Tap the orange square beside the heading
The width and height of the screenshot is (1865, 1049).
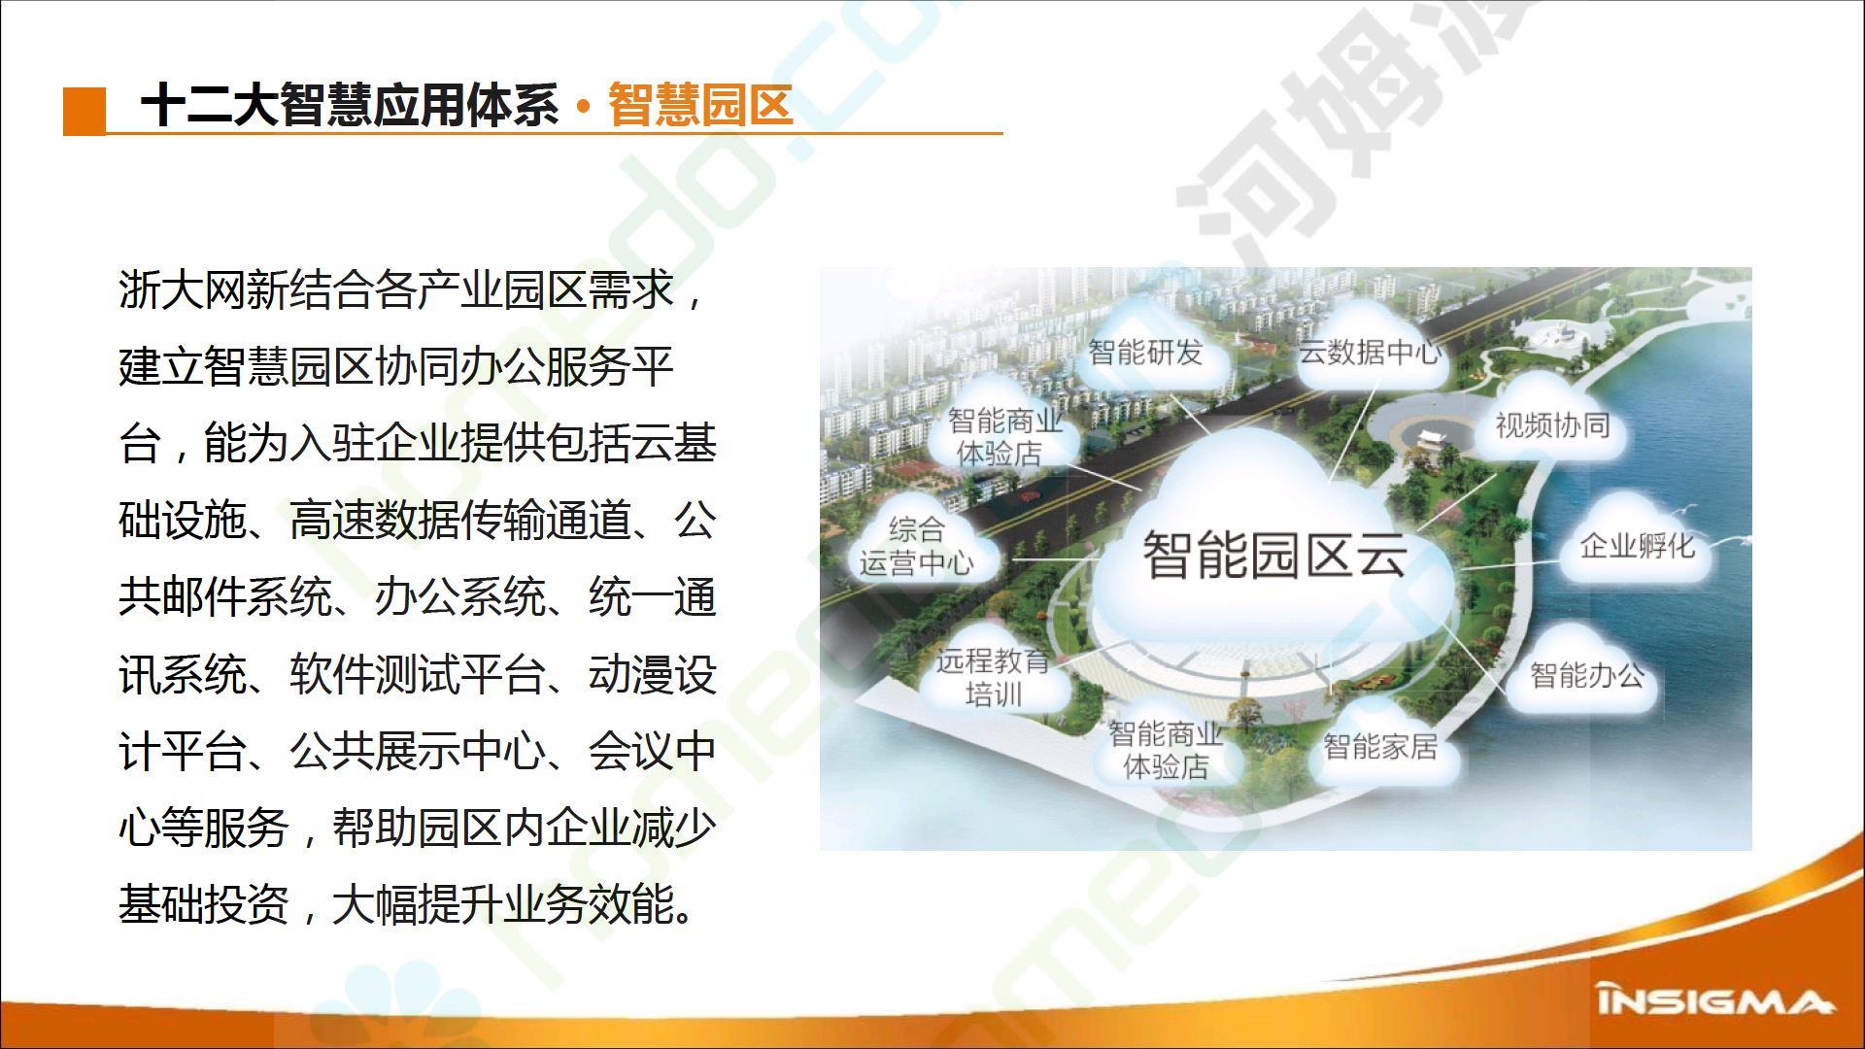point(85,111)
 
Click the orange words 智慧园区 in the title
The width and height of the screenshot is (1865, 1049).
point(700,104)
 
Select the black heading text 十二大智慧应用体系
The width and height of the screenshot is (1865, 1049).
point(350,104)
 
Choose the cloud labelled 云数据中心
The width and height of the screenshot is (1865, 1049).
point(1370,350)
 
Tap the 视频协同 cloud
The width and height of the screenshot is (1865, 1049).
point(1552,423)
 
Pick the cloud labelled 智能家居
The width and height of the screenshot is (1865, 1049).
point(1380,746)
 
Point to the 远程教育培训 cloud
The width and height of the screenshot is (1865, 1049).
point(993,676)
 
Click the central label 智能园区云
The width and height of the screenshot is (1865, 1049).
point(1274,554)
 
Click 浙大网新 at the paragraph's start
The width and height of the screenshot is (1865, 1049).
point(204,289)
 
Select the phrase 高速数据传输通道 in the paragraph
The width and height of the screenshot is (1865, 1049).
point(459,521)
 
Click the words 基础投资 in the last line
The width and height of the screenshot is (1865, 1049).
point(204,904)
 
